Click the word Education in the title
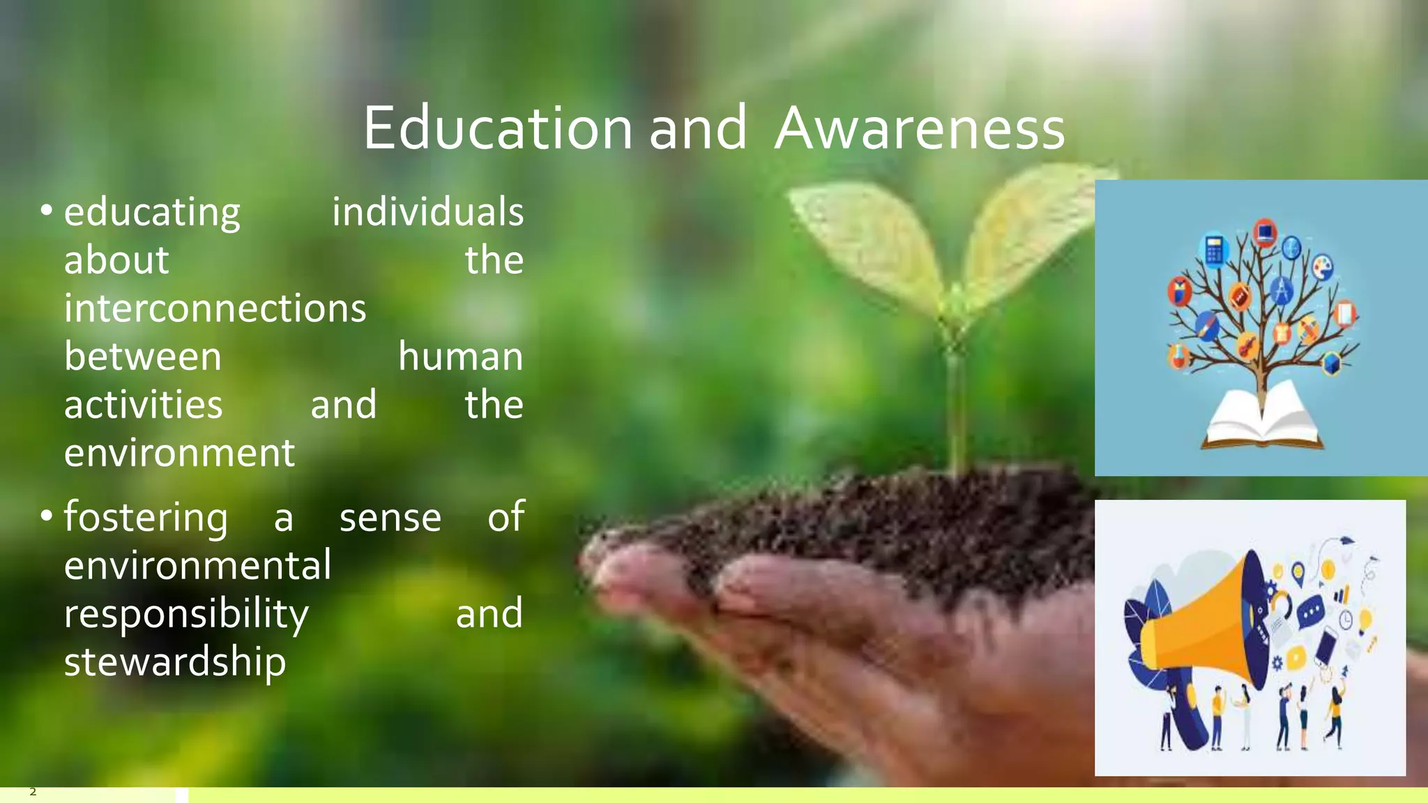(x=497, y=128)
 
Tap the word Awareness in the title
(x=920, y=128)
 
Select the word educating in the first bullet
(x=152, y=212)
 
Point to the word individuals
(x=427, y=212)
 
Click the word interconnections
(x=215, y=308)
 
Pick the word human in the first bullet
(x=460, y=356)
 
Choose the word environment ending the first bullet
(x=179, y=452)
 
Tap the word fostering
(x=146, y=517)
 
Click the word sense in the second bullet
(x=390, y=517)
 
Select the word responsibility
(x=186, y=613)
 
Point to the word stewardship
(x=175, y=661)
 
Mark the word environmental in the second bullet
(x=197, y=565)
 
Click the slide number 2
(x=33, y=792)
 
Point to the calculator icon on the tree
(x=1214, y=250)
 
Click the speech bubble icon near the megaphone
(x=1311, y=611)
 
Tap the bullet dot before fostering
(x=47, y=516)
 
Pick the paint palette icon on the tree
(x=1323, y=266)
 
